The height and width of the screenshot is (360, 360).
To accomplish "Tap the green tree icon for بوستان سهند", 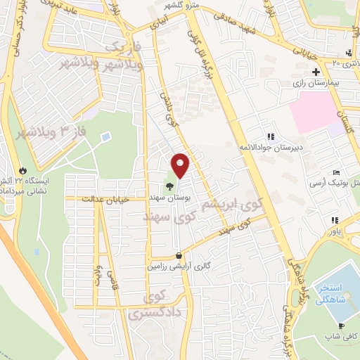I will [x=169, y=186].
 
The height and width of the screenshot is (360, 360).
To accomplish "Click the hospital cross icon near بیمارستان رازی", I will [x=316, y=72].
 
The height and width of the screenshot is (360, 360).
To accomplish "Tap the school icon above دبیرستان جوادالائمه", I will [x=270, y=136].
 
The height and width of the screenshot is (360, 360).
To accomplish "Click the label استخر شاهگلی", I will [x=330, y=294].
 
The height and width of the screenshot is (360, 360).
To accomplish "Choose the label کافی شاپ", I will [x=343, y=336].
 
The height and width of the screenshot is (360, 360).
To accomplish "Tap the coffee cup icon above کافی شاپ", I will [x=342, y=326].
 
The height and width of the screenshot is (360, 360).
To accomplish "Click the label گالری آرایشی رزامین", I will [x=179, y=266].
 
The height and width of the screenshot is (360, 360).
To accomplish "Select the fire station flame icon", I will [x=23, y=170].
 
